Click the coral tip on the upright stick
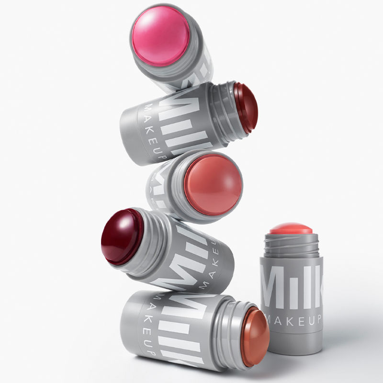coord(291,228)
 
